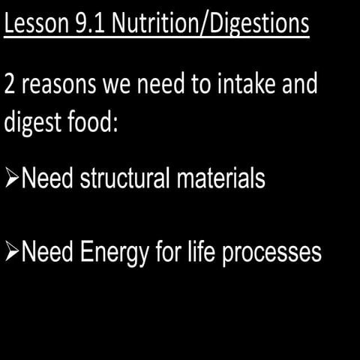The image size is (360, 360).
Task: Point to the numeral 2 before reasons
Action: point(10,84)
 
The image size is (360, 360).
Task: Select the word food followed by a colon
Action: point(89,121)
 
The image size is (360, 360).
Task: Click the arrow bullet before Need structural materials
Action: point(12,179)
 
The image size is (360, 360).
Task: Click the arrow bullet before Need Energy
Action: point(12,253)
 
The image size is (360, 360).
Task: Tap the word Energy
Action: point(106,253)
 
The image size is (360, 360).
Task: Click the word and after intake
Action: point(300,84)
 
